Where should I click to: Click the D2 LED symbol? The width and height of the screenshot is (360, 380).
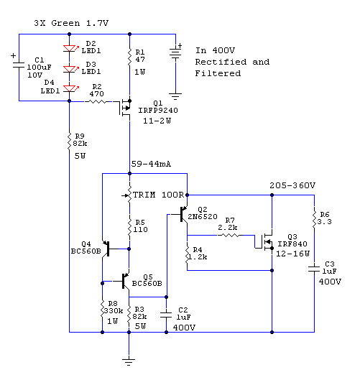pos(70,48)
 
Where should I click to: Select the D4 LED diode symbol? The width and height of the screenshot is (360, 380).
pos(70,88)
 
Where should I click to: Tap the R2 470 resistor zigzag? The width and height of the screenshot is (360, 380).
pos(97,101)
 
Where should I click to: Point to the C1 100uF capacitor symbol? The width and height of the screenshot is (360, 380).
pos(19,64)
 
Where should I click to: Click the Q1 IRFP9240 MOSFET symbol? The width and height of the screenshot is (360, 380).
pos(126,108)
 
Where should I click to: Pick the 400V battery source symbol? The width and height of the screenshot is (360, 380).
pos(175,53)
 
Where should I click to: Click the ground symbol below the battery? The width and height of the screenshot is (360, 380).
pos(175,96)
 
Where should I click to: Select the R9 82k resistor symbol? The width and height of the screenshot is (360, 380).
pos(69,142)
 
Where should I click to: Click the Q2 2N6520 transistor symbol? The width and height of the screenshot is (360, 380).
pos(184,214)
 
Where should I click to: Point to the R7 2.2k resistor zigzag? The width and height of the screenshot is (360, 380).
pos(229,235)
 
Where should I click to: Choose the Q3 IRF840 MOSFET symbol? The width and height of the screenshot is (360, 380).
pos(266,242)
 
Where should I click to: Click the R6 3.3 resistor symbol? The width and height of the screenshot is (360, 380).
pos(315,219)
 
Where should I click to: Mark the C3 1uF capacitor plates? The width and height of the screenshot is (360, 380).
pos(314,269)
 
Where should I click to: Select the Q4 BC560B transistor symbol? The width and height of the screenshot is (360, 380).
pos(106,249)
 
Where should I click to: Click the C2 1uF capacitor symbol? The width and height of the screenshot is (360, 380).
pos(166,315)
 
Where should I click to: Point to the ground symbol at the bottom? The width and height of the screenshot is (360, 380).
pos(129,361)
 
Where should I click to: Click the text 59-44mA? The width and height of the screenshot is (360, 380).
pos(151,164)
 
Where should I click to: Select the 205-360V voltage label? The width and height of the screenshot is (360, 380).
pos(292,185)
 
